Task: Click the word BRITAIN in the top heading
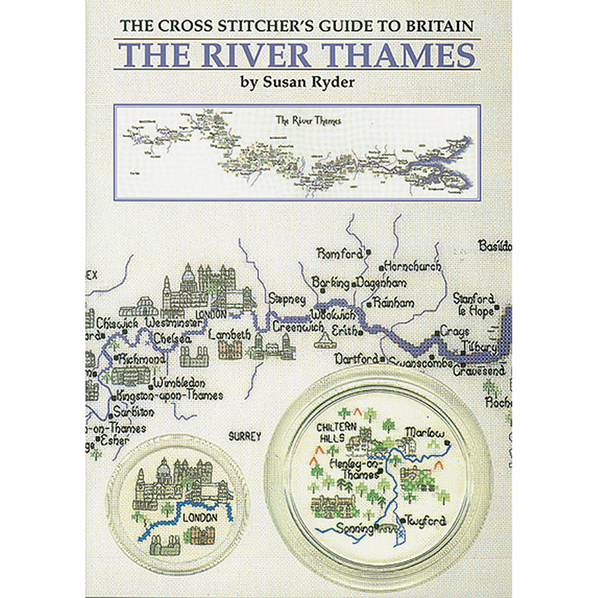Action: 443,26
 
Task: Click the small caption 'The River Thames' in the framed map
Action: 309,120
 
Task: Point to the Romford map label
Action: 340,254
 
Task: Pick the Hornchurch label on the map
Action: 414,267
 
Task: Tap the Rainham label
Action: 393,303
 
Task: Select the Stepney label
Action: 287,298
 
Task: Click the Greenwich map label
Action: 298,328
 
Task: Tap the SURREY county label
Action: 245,437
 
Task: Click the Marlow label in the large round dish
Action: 424,432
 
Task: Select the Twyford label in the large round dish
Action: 426,521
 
